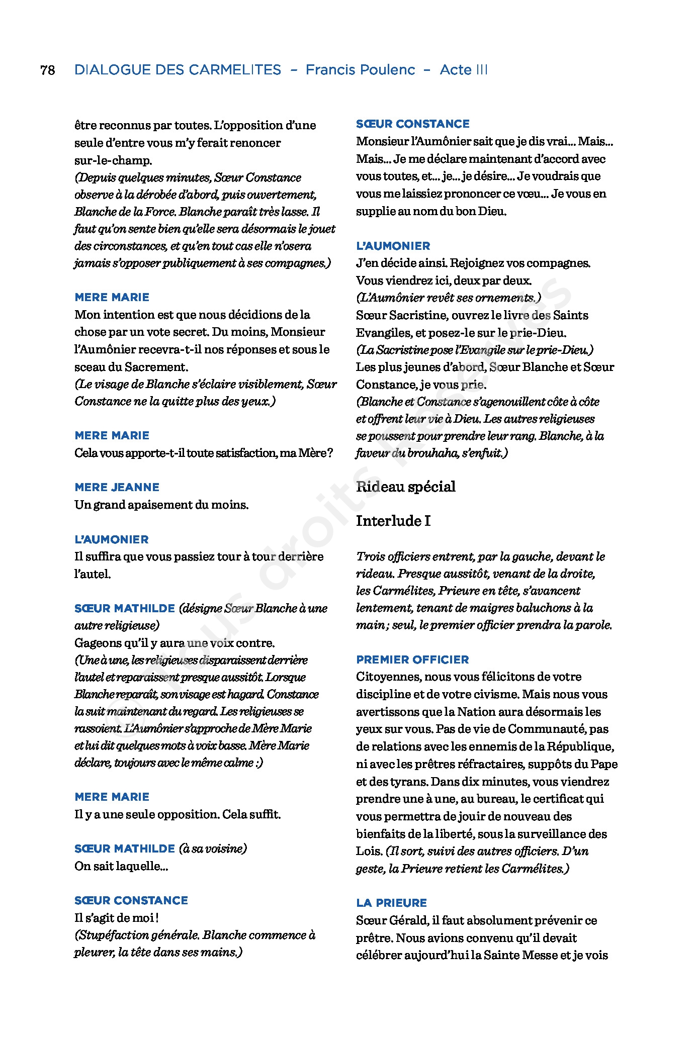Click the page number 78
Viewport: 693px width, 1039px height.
[x=48, y=70]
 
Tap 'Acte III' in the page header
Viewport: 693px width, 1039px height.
[x=463, y=70]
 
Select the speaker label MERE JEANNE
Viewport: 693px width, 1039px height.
[x=117, y=487]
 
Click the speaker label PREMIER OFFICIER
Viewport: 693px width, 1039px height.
[x=412, y=659]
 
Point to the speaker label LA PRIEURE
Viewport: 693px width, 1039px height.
[x=391, y=903]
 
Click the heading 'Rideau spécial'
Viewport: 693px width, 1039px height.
[x=405, y=487]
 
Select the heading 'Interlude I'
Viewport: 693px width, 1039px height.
[x=393, y=521]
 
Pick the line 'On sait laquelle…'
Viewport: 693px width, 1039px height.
[x=121, y=866]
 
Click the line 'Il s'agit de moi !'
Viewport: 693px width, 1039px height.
[x=117, y=918]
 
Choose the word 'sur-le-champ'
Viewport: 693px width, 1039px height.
[x=113, y=160]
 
